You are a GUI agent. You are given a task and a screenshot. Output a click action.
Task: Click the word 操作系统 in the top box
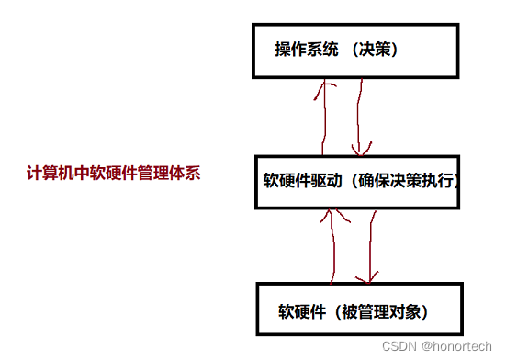coord(305,50)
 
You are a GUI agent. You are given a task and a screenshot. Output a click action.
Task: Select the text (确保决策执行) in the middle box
coord(402,181)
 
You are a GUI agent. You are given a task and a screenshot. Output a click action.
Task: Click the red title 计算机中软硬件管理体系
coord(113,173)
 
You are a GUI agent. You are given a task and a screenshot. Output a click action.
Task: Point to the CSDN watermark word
coord(399,345)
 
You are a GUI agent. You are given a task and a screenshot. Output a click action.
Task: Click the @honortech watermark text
coord(456,345)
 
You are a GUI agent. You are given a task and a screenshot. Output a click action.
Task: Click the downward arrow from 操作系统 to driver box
coord(360,115)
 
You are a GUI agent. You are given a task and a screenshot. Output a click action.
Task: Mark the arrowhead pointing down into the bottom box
coord(368,277)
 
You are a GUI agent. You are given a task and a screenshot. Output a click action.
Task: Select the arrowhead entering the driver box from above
coord(362,149)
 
